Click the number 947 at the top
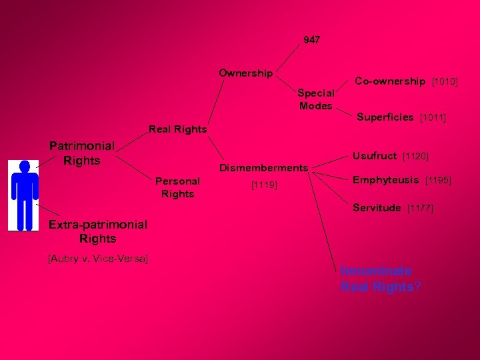click(311, 40)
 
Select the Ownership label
click(246, 73)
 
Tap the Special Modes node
click(316, 99)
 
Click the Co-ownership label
click(390, 81)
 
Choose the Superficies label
click(385, 117)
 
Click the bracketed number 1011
click(433, 118)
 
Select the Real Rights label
click(177, 129)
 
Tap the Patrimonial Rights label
click(82, 153)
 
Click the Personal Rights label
click(177, 187)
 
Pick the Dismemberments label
click(264, 167)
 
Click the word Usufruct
click(375, 155)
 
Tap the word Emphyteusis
click(386, 179)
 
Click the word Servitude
click(377, 208)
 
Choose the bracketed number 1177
click(420, 209)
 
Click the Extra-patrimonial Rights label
click(97, 231)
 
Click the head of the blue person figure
click(25, 167)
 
